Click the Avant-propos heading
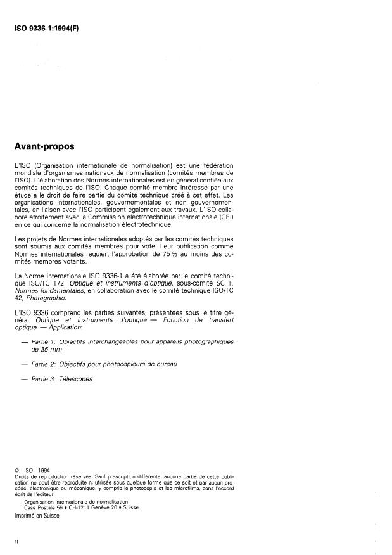coord(44,146)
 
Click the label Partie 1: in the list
coord(44,341)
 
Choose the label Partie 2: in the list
coord(44,364)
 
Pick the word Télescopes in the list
coord(77,379)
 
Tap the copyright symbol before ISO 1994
coord(17,469)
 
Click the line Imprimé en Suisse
coord(37,516)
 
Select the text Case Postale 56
coord(42,507)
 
